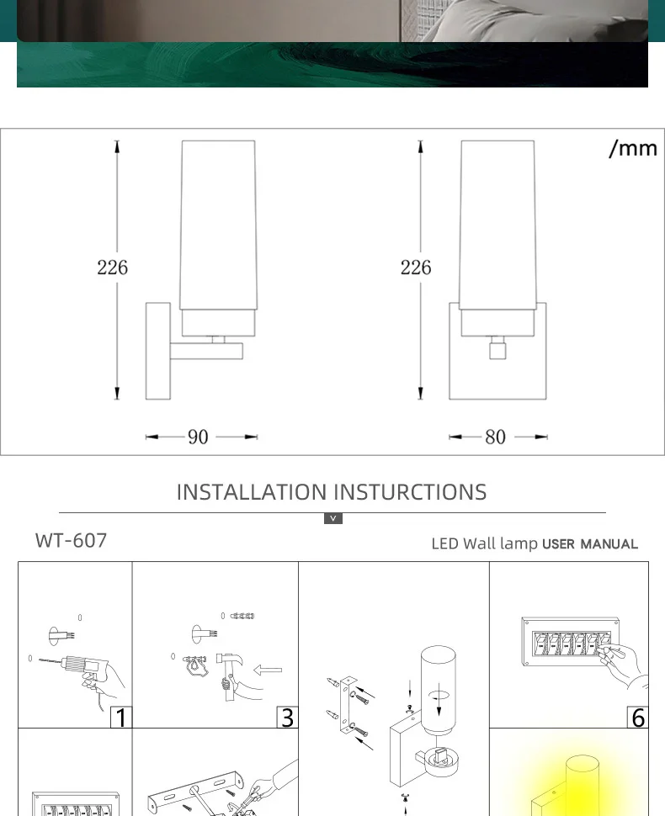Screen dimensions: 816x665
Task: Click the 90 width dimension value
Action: coord(198,437)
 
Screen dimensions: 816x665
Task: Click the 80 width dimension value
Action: coord(496,437)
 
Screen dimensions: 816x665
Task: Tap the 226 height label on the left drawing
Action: coord(112,268)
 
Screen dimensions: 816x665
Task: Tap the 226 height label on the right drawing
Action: coord(415,268)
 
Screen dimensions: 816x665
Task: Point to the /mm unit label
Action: coord(632,148)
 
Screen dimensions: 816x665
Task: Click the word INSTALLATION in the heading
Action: coord(251,492)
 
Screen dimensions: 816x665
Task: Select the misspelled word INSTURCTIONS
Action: coord(410,492)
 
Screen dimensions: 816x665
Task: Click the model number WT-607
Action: coord(72,540)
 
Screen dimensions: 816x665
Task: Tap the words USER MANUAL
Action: coord(590,544)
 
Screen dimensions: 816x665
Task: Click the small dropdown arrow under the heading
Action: coord(333,518)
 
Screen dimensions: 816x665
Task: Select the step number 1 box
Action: coord(121,718)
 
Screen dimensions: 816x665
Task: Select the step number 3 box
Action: coord(287,718)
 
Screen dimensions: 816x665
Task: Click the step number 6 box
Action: coord(638,718)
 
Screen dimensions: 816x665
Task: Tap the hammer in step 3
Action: coord(225,669)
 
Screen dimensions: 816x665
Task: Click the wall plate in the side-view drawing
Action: coord(157,351)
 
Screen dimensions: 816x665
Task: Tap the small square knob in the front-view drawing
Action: coord(497,347)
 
